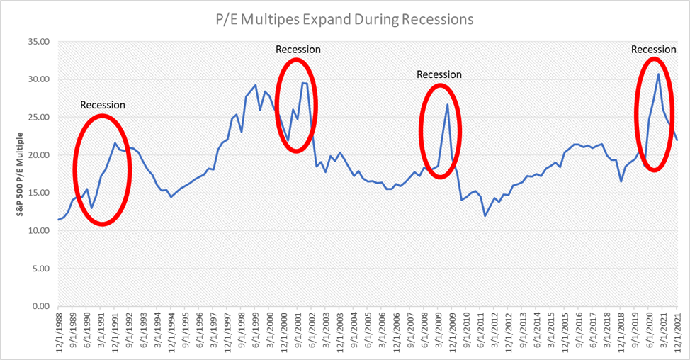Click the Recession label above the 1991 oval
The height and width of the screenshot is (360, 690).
coord(103,105)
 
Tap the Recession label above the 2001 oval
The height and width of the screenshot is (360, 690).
coord(298,50)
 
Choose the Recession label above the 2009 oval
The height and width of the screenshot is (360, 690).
coord(439,74)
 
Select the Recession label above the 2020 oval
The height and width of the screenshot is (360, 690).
coord(653,50)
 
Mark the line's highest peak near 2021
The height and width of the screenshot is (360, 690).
coord(658,74)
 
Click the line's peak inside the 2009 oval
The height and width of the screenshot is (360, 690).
coord(448,105)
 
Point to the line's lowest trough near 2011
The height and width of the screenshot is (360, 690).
coord(485,215)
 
